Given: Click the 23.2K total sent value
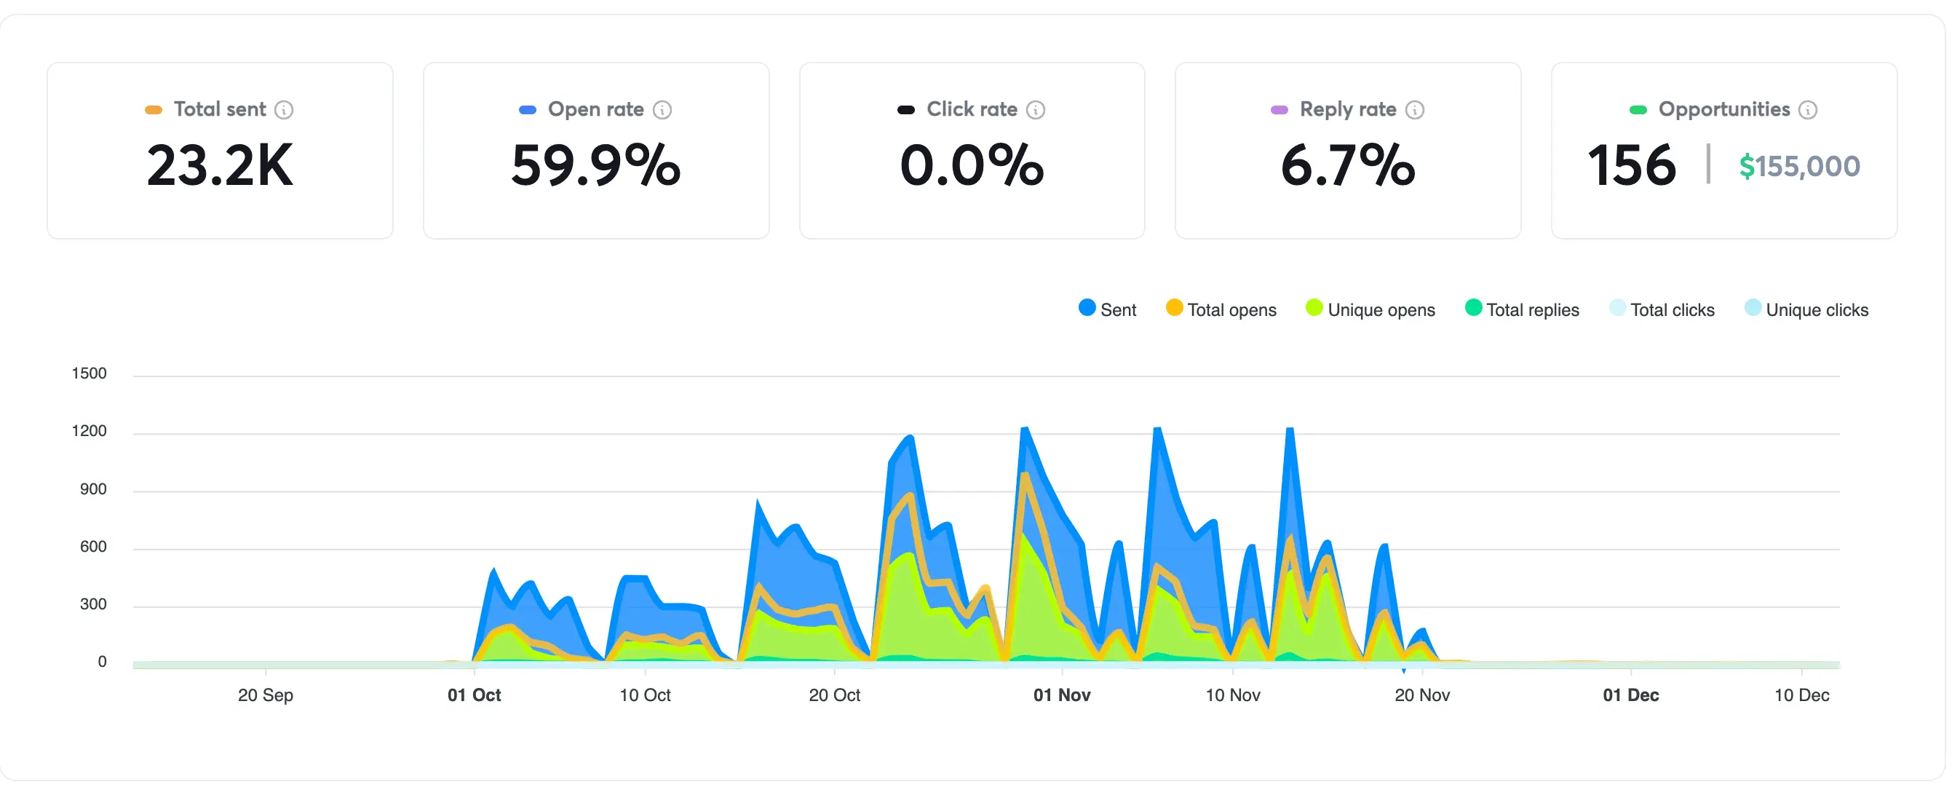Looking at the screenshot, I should [220, 165].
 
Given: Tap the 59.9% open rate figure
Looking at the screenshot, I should [595, 165].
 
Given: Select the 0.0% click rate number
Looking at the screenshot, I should [972, 165].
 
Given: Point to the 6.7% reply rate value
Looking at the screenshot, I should [1347, 165].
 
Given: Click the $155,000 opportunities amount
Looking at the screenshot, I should [1799, 166].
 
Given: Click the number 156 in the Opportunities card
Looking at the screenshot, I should [1632, 165].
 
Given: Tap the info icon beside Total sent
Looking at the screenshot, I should [284, 110].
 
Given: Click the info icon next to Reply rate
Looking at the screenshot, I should [1414, 110].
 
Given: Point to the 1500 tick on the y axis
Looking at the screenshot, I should [89, 373].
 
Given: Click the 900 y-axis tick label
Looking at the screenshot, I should [92, 489].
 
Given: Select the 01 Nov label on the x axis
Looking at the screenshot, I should [1062, 695].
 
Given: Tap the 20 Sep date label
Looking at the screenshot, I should [265, 695].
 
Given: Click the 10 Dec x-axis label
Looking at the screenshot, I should [1801, 695].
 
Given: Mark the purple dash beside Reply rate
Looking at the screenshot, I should [1279, 110].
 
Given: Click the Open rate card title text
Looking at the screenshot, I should [595, 109].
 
